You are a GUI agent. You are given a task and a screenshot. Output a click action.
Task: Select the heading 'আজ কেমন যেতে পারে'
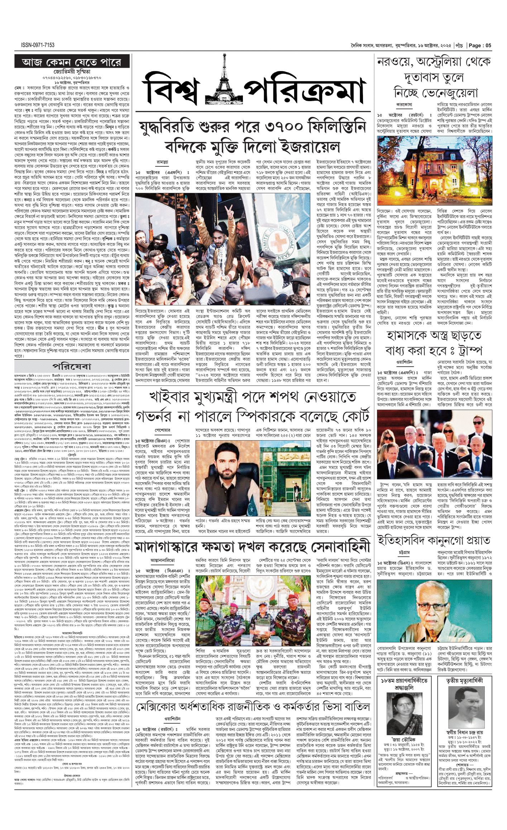[x=72, y=62]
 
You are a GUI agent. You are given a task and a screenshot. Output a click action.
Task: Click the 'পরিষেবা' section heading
[x=72, y=366]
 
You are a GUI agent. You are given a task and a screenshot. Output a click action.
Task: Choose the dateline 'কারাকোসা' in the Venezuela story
[x=404, y=105]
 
